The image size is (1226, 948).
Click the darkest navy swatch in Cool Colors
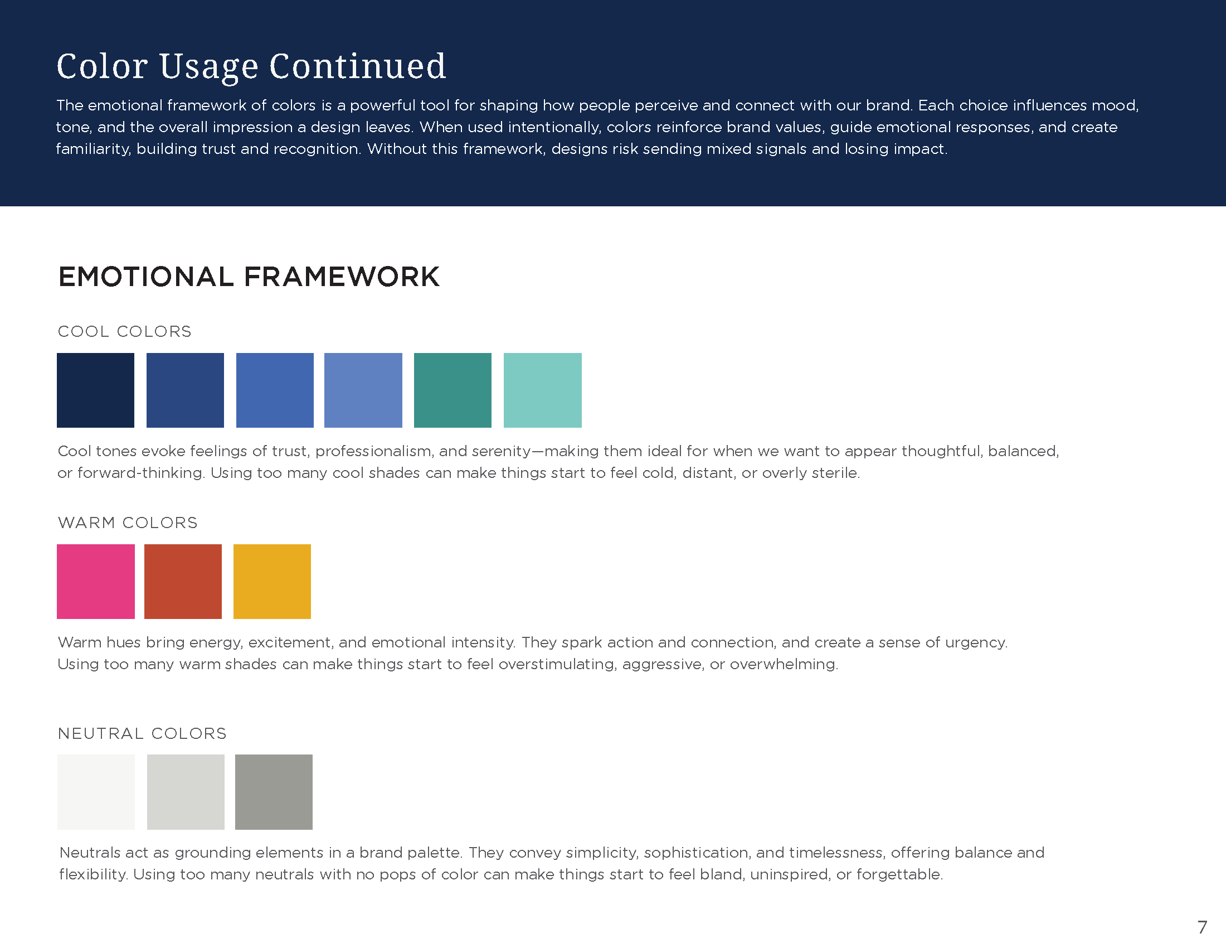click(95, 390)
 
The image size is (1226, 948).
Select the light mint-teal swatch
click(542, 390)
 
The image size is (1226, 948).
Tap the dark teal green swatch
click(453, 390)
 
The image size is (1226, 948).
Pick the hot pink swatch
click(95, 581)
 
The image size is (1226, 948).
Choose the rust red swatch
click(183, 581)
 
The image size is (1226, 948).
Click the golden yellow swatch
click(273, 581)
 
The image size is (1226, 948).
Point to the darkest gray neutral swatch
click(274, 792)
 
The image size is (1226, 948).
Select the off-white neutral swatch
click(96, 792)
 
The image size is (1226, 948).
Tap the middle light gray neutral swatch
click(186, 792)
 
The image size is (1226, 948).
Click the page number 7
click(1202, 927)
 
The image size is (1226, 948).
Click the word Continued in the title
click(358, 66)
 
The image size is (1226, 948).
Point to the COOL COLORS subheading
click(125, 331)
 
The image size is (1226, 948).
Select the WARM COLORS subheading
click(128, 523)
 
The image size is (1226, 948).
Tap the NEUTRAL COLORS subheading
click(142, 733)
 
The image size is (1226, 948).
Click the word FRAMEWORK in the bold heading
click(342, 277)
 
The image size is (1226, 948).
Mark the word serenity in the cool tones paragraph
click(502, 452)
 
